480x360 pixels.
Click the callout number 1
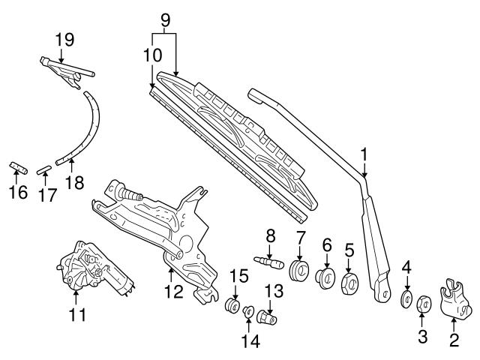point(364,155)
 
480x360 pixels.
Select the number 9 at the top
point(166,17)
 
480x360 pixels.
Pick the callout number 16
point(17,193)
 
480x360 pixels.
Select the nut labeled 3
point(421,303)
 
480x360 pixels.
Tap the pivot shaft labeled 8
point(268,262)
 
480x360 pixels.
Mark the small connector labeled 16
point(16,166)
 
